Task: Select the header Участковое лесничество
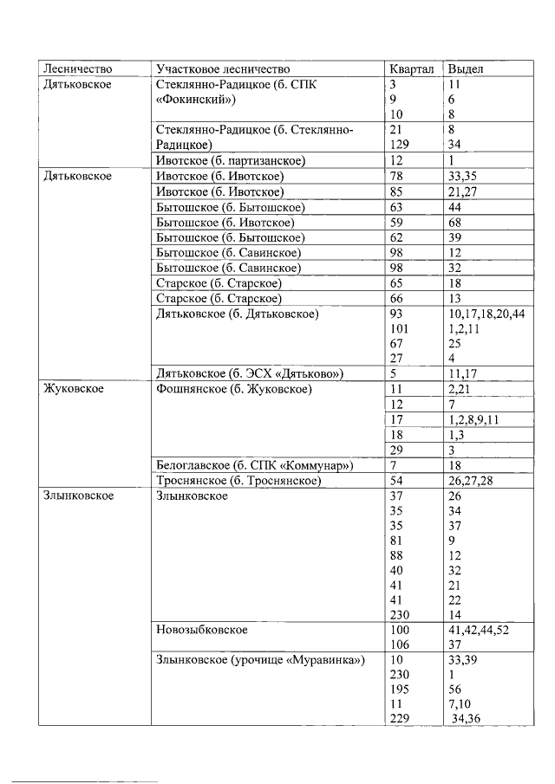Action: pyautogui.click(x=223, y=68)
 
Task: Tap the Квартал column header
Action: pyautogui.click(x=412, y=68)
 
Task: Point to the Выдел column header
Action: pyautogui.click(x=466, y=68)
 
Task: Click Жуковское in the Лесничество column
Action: pyautogui.click(x=74, y=389)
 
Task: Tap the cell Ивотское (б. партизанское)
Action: pyautogui.click(x=231, y=161)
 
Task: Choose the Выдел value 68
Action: pyautogui.click(x=456, y=222)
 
